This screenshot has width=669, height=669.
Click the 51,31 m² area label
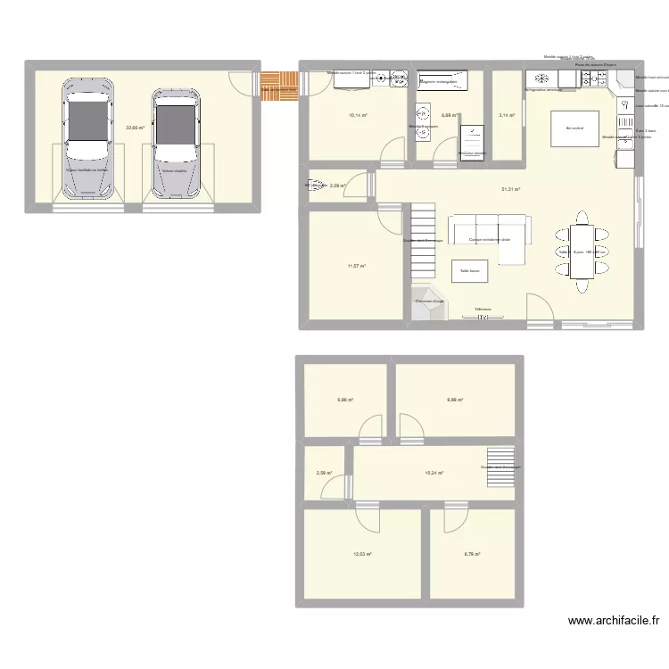(510, 189)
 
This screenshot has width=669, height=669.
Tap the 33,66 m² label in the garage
(135, 128)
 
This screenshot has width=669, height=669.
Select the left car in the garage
(87, 138)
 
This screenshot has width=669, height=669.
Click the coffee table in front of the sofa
(469, 270)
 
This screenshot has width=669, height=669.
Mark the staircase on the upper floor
(500, 467)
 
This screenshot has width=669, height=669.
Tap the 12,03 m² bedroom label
(360, 554)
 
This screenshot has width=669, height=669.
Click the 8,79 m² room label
(472, 554)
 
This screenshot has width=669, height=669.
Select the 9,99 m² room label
(455, 400)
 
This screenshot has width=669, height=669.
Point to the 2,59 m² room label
(323, 474)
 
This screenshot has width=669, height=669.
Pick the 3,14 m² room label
(508, 115)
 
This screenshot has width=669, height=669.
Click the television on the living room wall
(483, 314)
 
